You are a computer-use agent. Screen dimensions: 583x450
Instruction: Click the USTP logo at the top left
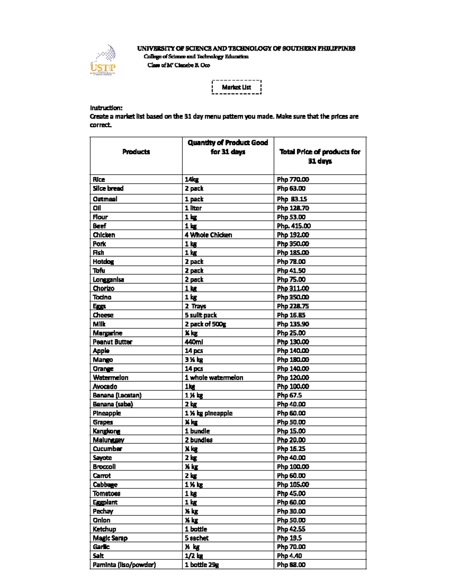coord(103,60)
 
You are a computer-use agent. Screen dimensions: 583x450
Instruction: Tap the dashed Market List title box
coord(236,87)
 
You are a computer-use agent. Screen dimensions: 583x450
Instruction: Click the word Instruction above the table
coord(106,108)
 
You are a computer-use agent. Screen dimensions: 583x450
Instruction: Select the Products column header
coord(136,152)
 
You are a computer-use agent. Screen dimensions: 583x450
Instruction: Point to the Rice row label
coord(99,179)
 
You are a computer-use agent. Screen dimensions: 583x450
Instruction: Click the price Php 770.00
coord(293,179)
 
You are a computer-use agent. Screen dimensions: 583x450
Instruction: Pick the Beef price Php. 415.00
coord(294,226)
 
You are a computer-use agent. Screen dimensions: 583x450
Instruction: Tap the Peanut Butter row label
coord(112,342)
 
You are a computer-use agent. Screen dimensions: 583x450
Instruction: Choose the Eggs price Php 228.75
coord(293,306)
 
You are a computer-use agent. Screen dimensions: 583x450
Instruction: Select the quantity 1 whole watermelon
coord(214,378)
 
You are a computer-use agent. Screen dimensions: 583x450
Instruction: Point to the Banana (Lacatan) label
coord(117,395)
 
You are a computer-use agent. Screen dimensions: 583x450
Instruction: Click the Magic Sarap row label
coord(110,538)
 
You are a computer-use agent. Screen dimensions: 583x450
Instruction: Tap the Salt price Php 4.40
coord(289,556)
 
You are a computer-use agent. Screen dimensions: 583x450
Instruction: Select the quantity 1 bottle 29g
coord(202,565)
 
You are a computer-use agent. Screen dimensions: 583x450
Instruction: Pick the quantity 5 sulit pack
coord(201,315)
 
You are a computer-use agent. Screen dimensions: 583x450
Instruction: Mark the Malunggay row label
coord(108,440)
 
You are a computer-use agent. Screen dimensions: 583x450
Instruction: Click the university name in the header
coord(246,48)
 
